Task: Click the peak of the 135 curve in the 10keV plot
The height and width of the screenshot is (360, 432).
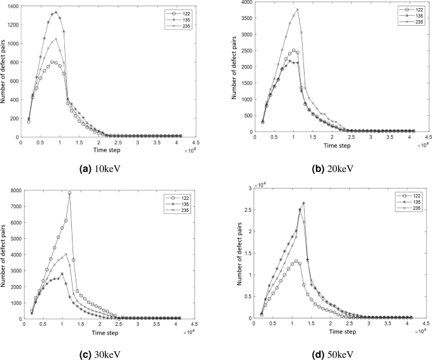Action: click(55, 12)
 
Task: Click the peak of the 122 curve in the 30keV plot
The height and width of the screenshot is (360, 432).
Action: click(69, 193)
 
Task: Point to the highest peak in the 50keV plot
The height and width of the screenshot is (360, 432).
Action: click(303, 203)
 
